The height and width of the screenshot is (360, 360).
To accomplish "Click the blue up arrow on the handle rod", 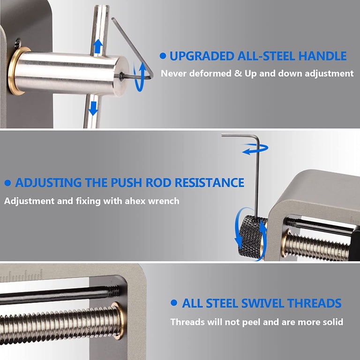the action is (x=98, y=46).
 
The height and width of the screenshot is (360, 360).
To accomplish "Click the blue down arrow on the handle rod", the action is (x=93, y=109).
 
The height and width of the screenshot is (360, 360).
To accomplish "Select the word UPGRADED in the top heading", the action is (x=202, y=56).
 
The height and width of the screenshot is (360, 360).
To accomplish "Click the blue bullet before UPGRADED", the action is (x=163, y=56).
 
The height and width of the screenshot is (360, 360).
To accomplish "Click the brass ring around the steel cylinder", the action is (x=16, y=71).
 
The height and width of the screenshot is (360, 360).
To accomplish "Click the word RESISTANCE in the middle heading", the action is (x=210, y=183).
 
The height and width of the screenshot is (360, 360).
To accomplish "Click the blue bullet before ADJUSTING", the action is (x=7, y=183).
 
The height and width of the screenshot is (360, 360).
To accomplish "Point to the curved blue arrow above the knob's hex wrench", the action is (x=255, y=149).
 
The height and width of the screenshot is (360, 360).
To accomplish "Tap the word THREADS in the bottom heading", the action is (x=314, y=303).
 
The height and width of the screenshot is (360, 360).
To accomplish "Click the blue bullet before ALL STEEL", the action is (x=174, y=303).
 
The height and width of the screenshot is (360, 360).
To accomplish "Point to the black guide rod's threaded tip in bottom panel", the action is (x=113, y=291).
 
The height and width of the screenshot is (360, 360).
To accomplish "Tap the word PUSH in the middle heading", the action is (x=126, y=183).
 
